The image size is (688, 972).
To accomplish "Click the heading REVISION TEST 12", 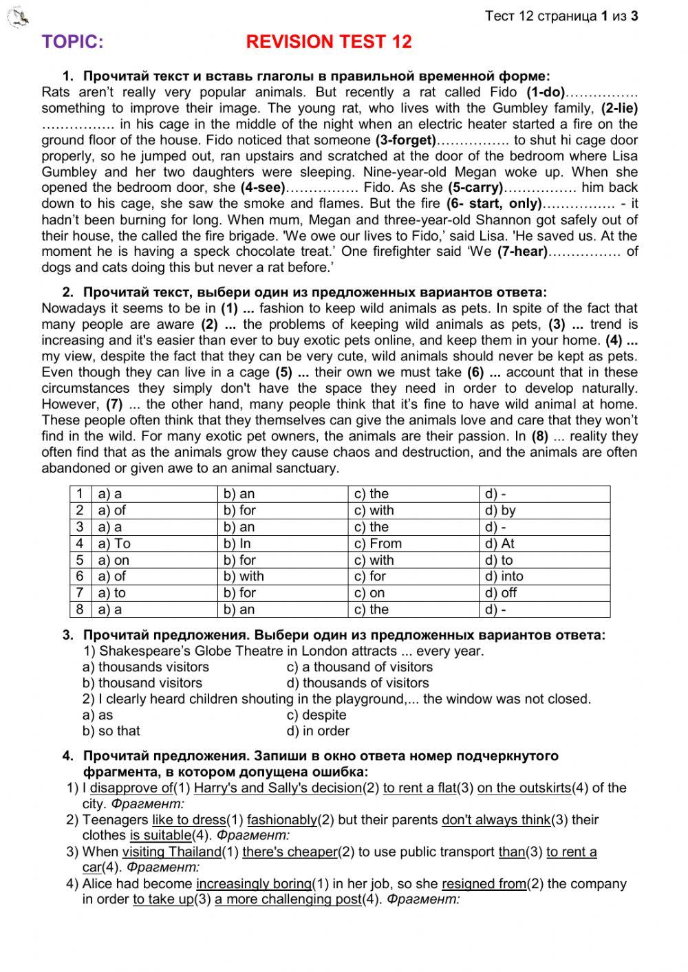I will [329, 43].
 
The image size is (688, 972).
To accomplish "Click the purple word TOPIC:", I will [73, 43].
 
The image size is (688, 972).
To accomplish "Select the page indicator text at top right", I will [561, 16].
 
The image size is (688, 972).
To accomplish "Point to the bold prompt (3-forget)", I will [405, 140].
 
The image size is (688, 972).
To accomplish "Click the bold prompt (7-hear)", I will [522, 252].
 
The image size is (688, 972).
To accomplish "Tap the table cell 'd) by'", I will [500, 510].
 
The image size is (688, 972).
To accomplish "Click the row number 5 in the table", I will [80, 560].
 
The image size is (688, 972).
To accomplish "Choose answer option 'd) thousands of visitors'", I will [358, 683].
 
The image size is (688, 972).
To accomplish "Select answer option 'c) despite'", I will [316, 715].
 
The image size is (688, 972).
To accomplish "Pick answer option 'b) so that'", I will [111, 731].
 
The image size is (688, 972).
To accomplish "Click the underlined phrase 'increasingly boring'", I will [254, 884].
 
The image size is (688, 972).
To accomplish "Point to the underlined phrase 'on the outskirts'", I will [524, 788].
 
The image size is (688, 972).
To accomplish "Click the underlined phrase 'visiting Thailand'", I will [172, 852].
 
